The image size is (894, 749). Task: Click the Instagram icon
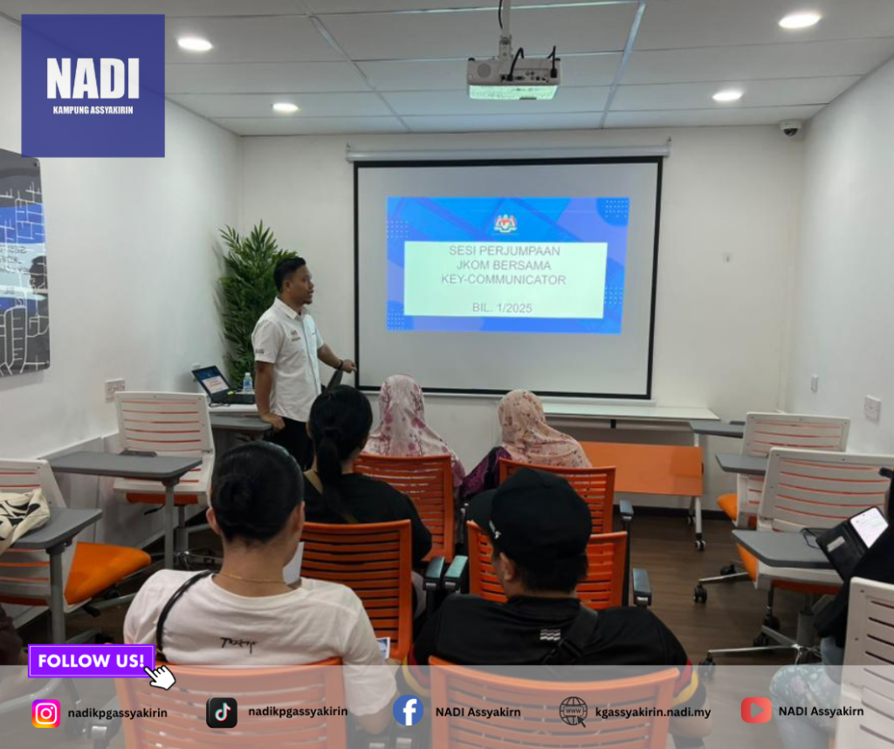[46, 713]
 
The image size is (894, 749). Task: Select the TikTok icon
[222, 712]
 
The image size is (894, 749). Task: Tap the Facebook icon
[409, 711]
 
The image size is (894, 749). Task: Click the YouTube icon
[756, 711]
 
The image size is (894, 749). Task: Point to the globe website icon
[574, 711]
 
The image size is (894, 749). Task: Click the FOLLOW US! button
[91, 661]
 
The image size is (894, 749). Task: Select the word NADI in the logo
[93, 78]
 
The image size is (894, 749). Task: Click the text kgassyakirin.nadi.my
[653, 712]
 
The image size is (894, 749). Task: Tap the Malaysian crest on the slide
[505, 223]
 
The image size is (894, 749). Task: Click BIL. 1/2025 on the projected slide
[502, 308]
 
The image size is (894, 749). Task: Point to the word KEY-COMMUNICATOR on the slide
[504, 280]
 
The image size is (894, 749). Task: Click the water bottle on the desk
[247, 382]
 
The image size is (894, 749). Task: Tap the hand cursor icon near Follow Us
[161, 677]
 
